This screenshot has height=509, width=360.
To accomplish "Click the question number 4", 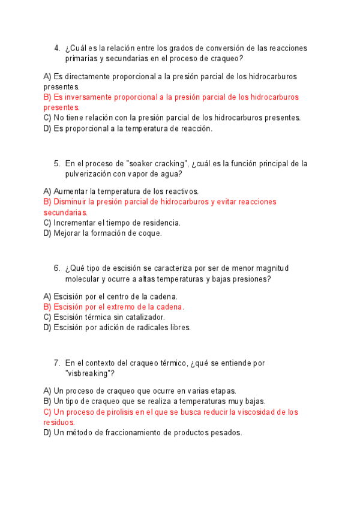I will [x=56, y=48].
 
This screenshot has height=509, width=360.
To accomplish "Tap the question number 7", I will [x=56, y=363].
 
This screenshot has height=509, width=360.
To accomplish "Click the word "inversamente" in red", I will [x=89, y=97].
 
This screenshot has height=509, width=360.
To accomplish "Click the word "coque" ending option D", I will [x=149, y=233].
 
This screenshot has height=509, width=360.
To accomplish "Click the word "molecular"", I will [x=84, y=279].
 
